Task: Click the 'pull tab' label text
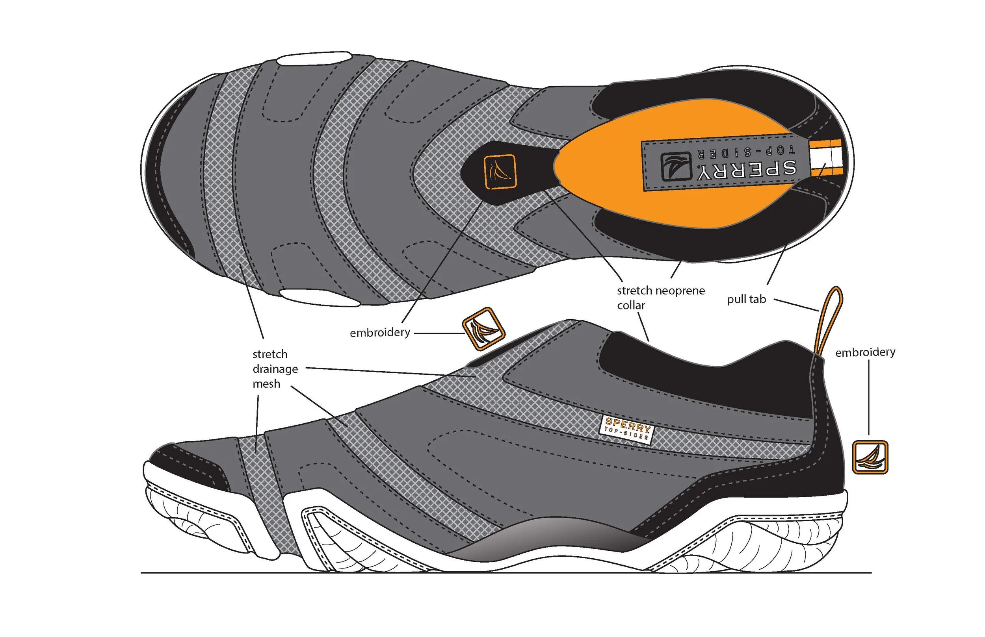pyautogui.click(x=746, y=299)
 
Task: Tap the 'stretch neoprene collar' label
pyautogui.click(x=660, y=298)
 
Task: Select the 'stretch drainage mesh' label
pyautogui.click(x=275, y=368)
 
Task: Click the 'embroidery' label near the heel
pyautogui.click(x=865, y=352)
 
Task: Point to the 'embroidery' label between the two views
pyautogui.click(x=379, y=333)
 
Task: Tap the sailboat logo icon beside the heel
pyautogui.click(x=870, y=457)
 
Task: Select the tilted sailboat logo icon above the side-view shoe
pyautogui.click(x=483, y=329)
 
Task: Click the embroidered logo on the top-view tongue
pyautogui.click(x=500, y=172)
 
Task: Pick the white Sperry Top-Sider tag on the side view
pyautogui.click(x=626, y=428)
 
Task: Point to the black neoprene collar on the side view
pyautogui.click(x=704, y=381)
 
